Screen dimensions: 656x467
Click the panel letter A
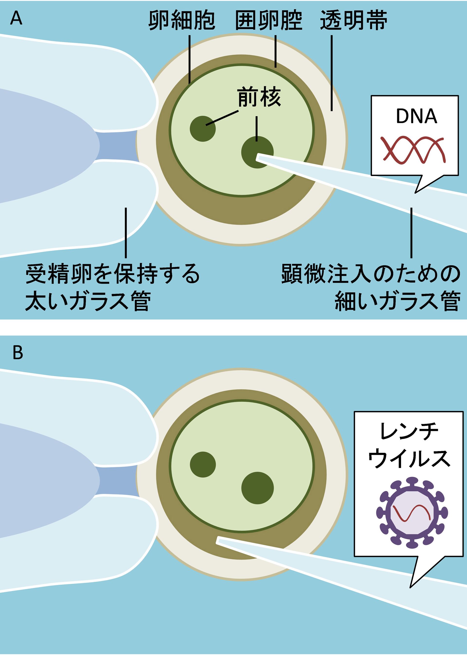pyautogui.click(x=16, y=19)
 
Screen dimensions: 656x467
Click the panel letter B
pyautogui.click(x=18, y=353)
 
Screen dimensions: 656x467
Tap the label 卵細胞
pyautogui.click(x=181, y=21)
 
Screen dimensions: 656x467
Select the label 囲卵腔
pyautogui.click(x=269, y=21)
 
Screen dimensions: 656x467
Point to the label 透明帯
pyautogui.click(x=353, y=21)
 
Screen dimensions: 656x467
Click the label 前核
pyautogui.click(x=259, y=97)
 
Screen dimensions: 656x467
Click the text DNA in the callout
pyautogui.click(x=416, y=116)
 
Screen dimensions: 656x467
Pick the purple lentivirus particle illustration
pyautogui.click(x=412, y=512)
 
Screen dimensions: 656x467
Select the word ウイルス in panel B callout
pyautogui.click(x=409, y=459)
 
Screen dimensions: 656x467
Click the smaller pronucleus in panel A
pyautogui.click(x=203, y=129)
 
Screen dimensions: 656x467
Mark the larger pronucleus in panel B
pyautogui.click(x=257, y=488)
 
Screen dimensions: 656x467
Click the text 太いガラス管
pyautogui.click(x=88, y=301)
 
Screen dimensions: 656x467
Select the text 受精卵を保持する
pyautogui.click(x=112, y=274)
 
